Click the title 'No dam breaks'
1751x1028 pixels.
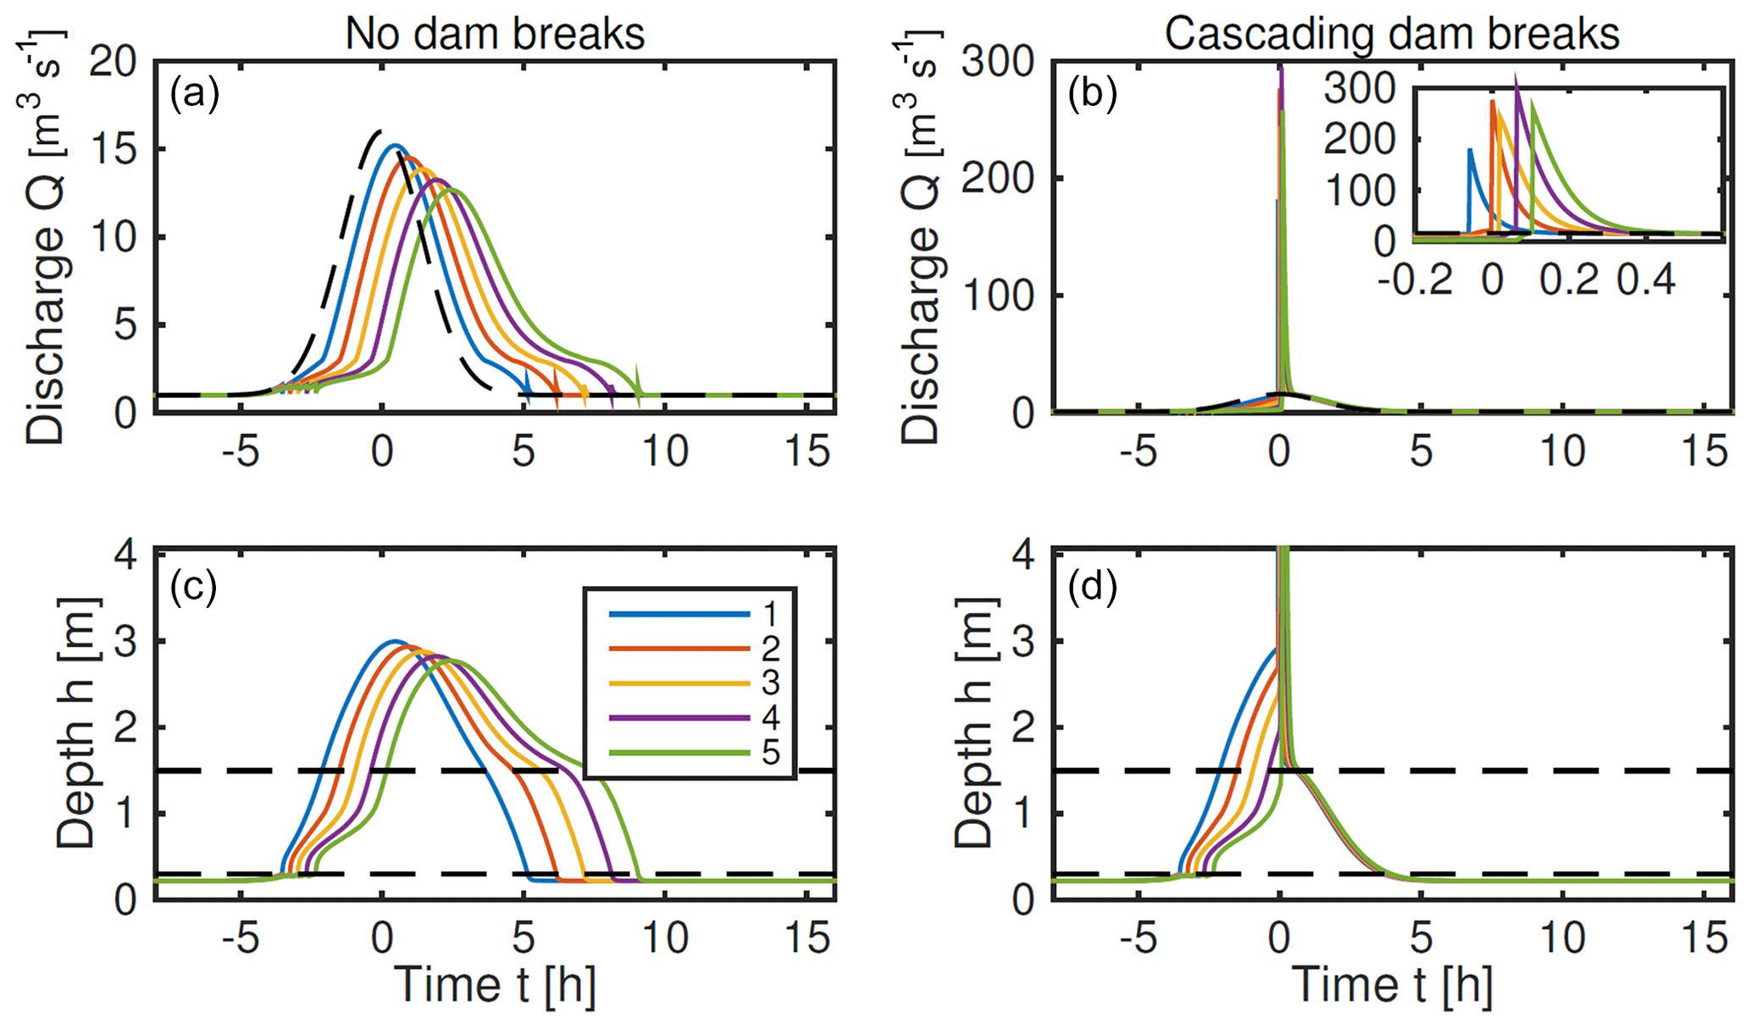point(495,35)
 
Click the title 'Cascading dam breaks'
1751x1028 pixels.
point(1392,35)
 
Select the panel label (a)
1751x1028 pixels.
point(194,93)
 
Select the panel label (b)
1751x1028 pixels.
point(1092,93)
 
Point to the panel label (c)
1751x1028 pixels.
point(194,586)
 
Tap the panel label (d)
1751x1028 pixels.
point(1092,586)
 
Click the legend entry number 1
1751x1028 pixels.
point(769,613)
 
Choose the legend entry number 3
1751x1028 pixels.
point(769,683)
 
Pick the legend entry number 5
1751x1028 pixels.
point(769,753)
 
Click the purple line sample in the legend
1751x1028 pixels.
point(679,718)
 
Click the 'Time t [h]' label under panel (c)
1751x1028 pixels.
point(495,985)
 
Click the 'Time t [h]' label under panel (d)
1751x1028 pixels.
point(1392,985)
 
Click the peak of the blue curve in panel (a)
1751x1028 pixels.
point(394,146)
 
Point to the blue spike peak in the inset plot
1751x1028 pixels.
point(1470,150)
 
